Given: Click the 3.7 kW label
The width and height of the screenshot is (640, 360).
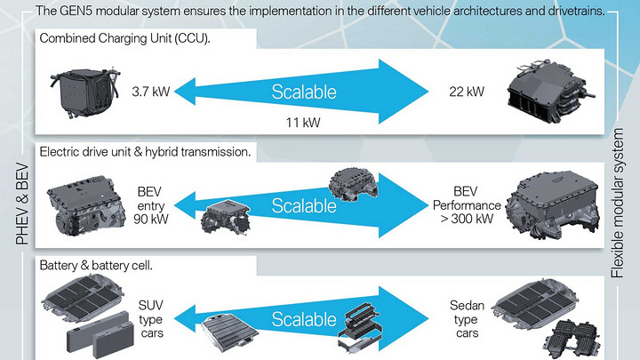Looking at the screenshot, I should tap(149, 91).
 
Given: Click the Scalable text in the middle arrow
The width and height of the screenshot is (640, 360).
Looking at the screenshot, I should tap(304, 206).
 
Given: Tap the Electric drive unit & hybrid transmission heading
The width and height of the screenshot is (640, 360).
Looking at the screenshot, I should tap(146, 152).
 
